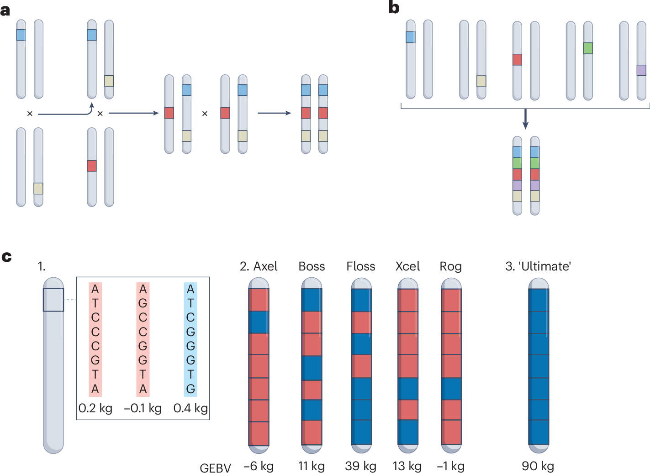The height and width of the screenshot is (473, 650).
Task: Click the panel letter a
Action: point(5,10)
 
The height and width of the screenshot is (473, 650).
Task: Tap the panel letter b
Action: point(394,8)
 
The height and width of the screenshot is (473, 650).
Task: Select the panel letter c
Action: point(6,257)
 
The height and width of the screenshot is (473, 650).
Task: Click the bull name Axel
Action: point(265,266)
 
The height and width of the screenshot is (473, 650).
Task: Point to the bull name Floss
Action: point(360,266)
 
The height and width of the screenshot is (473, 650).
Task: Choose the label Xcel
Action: point(407,266)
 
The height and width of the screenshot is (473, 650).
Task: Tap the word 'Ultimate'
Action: point(544,266)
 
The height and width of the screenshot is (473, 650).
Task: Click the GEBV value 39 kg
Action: point(360,466)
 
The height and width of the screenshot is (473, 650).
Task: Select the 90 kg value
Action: point(538,466)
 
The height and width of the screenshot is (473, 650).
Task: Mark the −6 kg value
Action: point(259,466)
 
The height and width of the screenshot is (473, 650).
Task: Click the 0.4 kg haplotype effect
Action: point(190,408)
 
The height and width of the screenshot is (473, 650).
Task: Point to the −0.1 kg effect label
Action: point(143,408)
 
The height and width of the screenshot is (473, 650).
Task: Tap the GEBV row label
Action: point(215,468)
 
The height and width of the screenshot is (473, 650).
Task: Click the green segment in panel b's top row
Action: point(588,48)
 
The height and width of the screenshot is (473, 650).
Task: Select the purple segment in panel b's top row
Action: point(641,70)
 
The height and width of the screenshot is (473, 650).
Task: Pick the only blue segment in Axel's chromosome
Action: point(259,322)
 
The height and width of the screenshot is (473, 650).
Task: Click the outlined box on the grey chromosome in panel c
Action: point(53,300)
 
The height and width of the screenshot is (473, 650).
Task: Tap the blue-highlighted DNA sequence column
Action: point(190,339)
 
